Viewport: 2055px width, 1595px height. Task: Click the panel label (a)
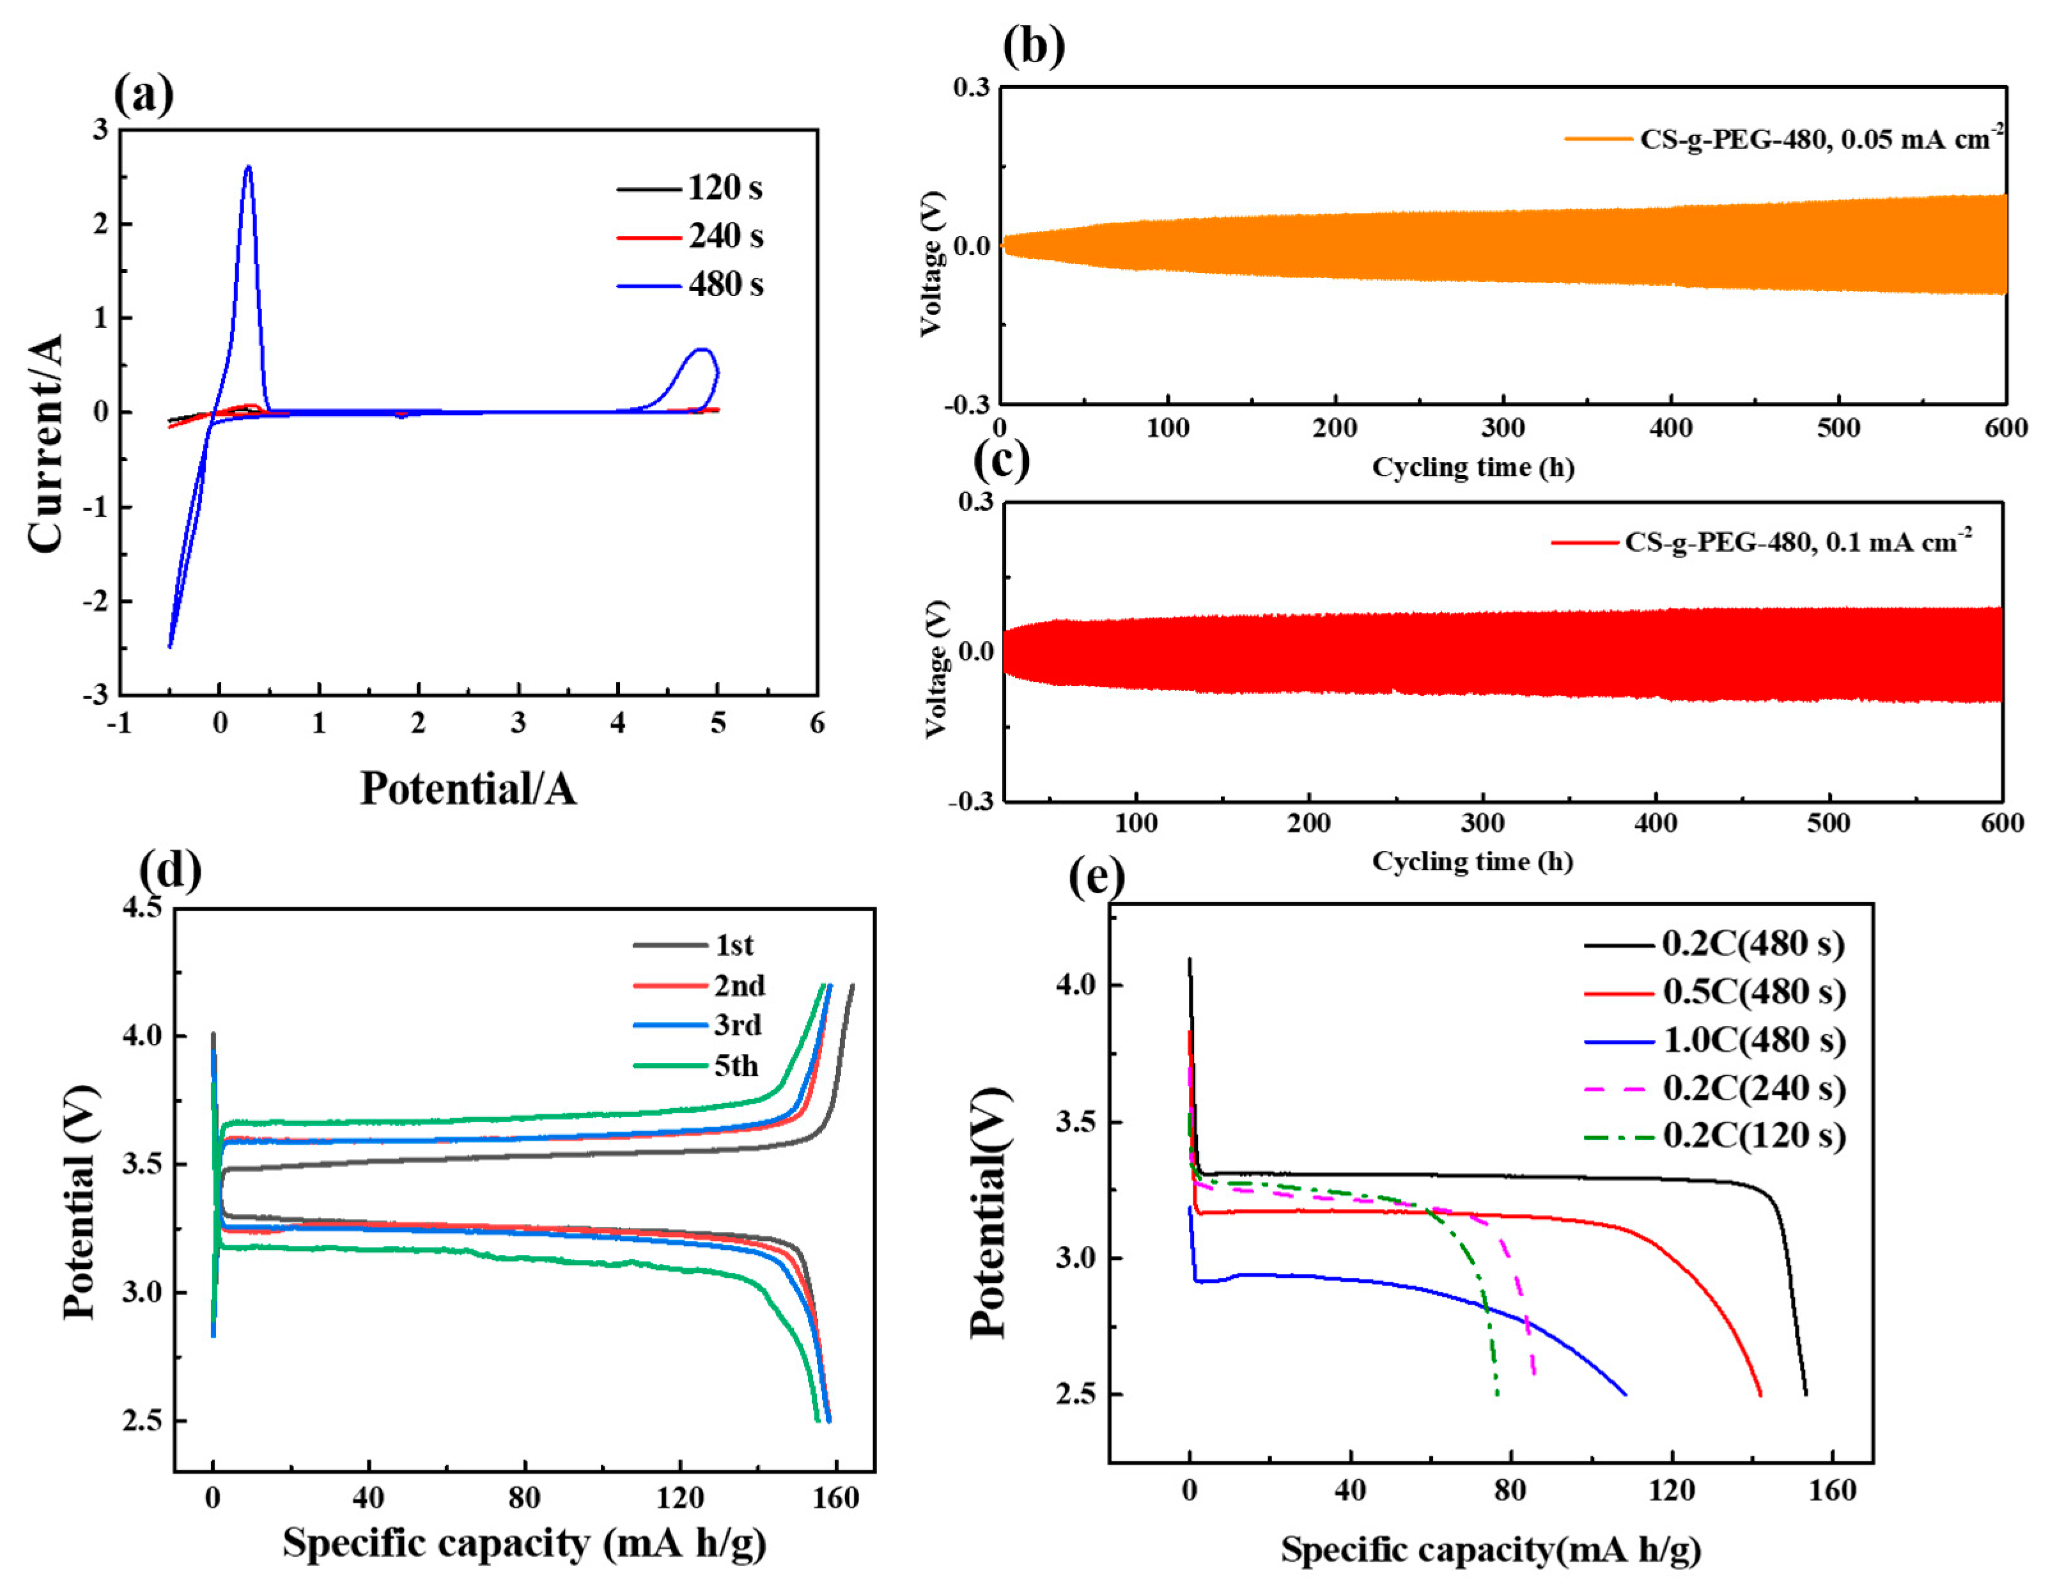(143, 95)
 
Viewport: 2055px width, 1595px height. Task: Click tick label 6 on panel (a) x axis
(817, 724)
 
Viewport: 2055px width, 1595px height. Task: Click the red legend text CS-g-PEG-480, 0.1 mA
(1797, 543)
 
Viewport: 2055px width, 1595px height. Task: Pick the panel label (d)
(170, 871)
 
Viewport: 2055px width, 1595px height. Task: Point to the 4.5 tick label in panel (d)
(142, 907)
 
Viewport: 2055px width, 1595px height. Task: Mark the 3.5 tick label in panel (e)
(1076, 1123)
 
